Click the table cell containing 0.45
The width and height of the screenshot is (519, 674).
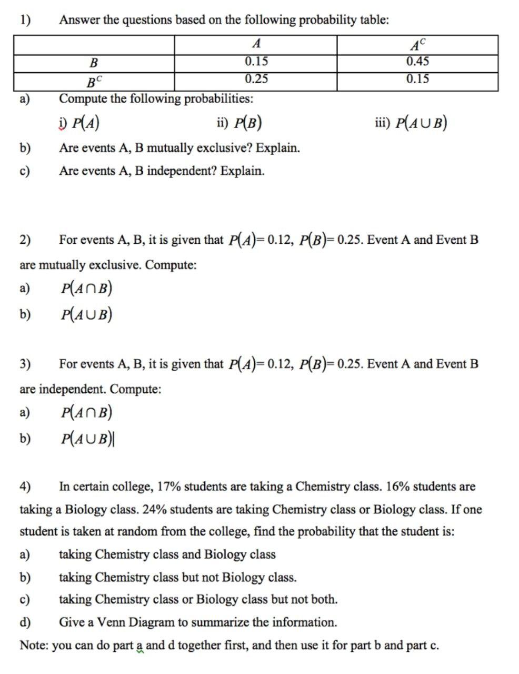417,62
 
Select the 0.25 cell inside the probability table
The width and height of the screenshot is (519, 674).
256,80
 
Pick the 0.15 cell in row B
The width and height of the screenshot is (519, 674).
256,62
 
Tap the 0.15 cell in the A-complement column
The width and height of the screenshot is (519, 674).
417,80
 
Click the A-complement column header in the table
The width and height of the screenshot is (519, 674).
417,44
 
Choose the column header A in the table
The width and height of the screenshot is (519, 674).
256,44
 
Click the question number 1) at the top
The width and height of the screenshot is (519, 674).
25,20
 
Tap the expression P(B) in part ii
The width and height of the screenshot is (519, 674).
248,123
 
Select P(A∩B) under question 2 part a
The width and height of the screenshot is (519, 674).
87,288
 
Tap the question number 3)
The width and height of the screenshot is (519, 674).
25,364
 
